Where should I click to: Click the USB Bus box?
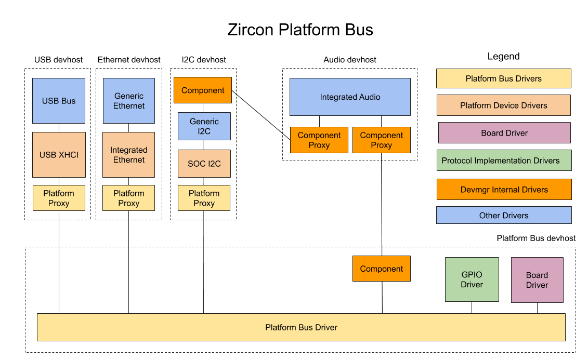click(59, 101)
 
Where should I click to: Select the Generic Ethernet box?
click(129, 101)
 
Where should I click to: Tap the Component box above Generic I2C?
click(203, 90)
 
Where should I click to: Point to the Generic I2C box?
click(204, 126)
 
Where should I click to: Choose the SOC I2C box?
click(204, 164)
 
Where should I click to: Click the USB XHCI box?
click(59, 155)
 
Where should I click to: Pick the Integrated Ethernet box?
click(129, 155)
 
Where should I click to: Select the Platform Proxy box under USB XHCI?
click(59, 198)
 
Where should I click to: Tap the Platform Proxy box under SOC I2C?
click(204, 198)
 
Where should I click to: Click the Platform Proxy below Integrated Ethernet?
click(129, 198)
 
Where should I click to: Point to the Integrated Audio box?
click(350, 97)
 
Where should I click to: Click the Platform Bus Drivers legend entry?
click(504, 78)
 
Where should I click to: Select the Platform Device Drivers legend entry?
click(504, 105)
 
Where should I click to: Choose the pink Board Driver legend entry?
click(504, 133)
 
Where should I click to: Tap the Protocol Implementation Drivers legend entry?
click(504, 161)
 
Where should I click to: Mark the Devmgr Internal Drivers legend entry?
click(504, 190)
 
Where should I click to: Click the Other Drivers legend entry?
click(504, 215)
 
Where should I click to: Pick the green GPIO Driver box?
click(472, 279)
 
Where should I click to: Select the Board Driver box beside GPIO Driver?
click(537, 280)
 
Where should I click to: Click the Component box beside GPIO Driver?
click(382, 269)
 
